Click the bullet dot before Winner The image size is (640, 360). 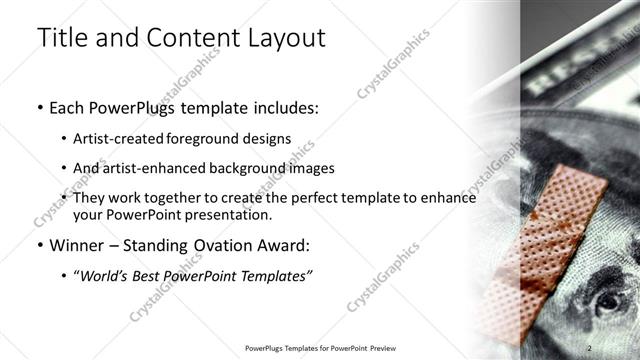tap(39, 245)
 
